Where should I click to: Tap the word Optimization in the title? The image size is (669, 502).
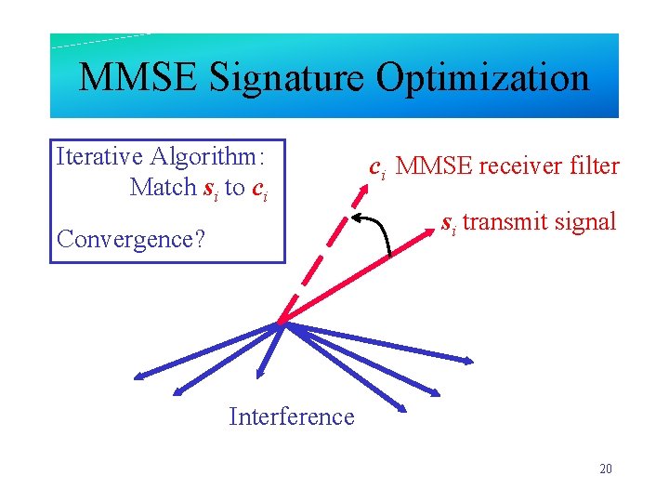[482, 78]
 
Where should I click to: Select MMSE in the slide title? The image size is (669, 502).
[138, 78]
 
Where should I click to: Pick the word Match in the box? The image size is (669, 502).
[164, 187]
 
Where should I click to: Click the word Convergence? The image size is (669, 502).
[131, 239]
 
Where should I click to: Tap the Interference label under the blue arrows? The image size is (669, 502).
[292, 416]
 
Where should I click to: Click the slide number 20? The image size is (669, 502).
[606, 469]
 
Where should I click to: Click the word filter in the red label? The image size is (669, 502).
[595, 166]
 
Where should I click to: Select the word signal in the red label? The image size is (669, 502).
[587, 222]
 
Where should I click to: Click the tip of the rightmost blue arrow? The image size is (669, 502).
[473, 360]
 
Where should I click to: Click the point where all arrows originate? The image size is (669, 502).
[280, 324]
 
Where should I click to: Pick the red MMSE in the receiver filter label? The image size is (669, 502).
[439, 166]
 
